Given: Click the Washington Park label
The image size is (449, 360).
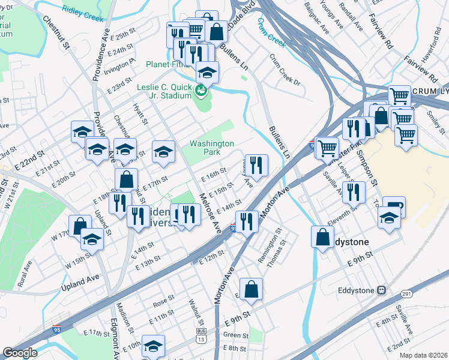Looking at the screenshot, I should [x=211, y=148].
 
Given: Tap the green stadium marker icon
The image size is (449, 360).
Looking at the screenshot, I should [x=201, y=92].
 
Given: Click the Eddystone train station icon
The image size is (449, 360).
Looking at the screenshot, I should [x=381, y=290].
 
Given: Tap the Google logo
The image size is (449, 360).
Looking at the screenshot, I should [x=20, y=353].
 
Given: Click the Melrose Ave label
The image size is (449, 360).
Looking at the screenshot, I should [x=210, y=212].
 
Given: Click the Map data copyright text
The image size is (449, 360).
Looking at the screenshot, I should [x=424, y=355].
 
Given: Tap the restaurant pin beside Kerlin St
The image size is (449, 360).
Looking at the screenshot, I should [x=256, y=167].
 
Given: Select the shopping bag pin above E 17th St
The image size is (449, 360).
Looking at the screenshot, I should [x=126, y=179].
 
